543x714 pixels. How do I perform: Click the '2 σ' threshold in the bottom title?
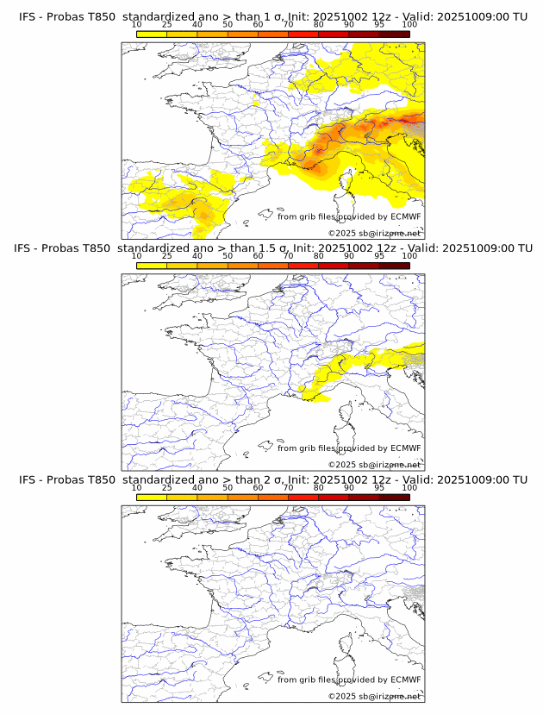coord(272,479)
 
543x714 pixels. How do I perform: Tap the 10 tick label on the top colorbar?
coord(137,25)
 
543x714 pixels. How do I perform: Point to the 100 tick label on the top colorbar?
coord(409,25)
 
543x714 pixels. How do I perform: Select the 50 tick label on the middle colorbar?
coord(228,256)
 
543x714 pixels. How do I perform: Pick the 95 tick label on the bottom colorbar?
coord(379,488)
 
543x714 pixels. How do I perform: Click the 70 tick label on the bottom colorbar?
coord(288,488)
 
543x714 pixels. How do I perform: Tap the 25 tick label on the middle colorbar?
coord(167,256)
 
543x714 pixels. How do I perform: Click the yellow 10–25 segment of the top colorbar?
coord(152,34)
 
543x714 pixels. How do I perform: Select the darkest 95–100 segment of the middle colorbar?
coord(395,266)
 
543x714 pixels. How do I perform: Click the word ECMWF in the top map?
coord(405,216)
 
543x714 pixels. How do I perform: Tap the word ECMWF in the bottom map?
coord(405,680)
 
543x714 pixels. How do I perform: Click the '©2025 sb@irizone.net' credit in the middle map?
coord(374,465)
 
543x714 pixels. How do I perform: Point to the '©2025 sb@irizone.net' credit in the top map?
coord(374,234)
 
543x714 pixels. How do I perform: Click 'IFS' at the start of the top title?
coord(28,16)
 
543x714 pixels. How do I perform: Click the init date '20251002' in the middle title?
coord(337,248)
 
